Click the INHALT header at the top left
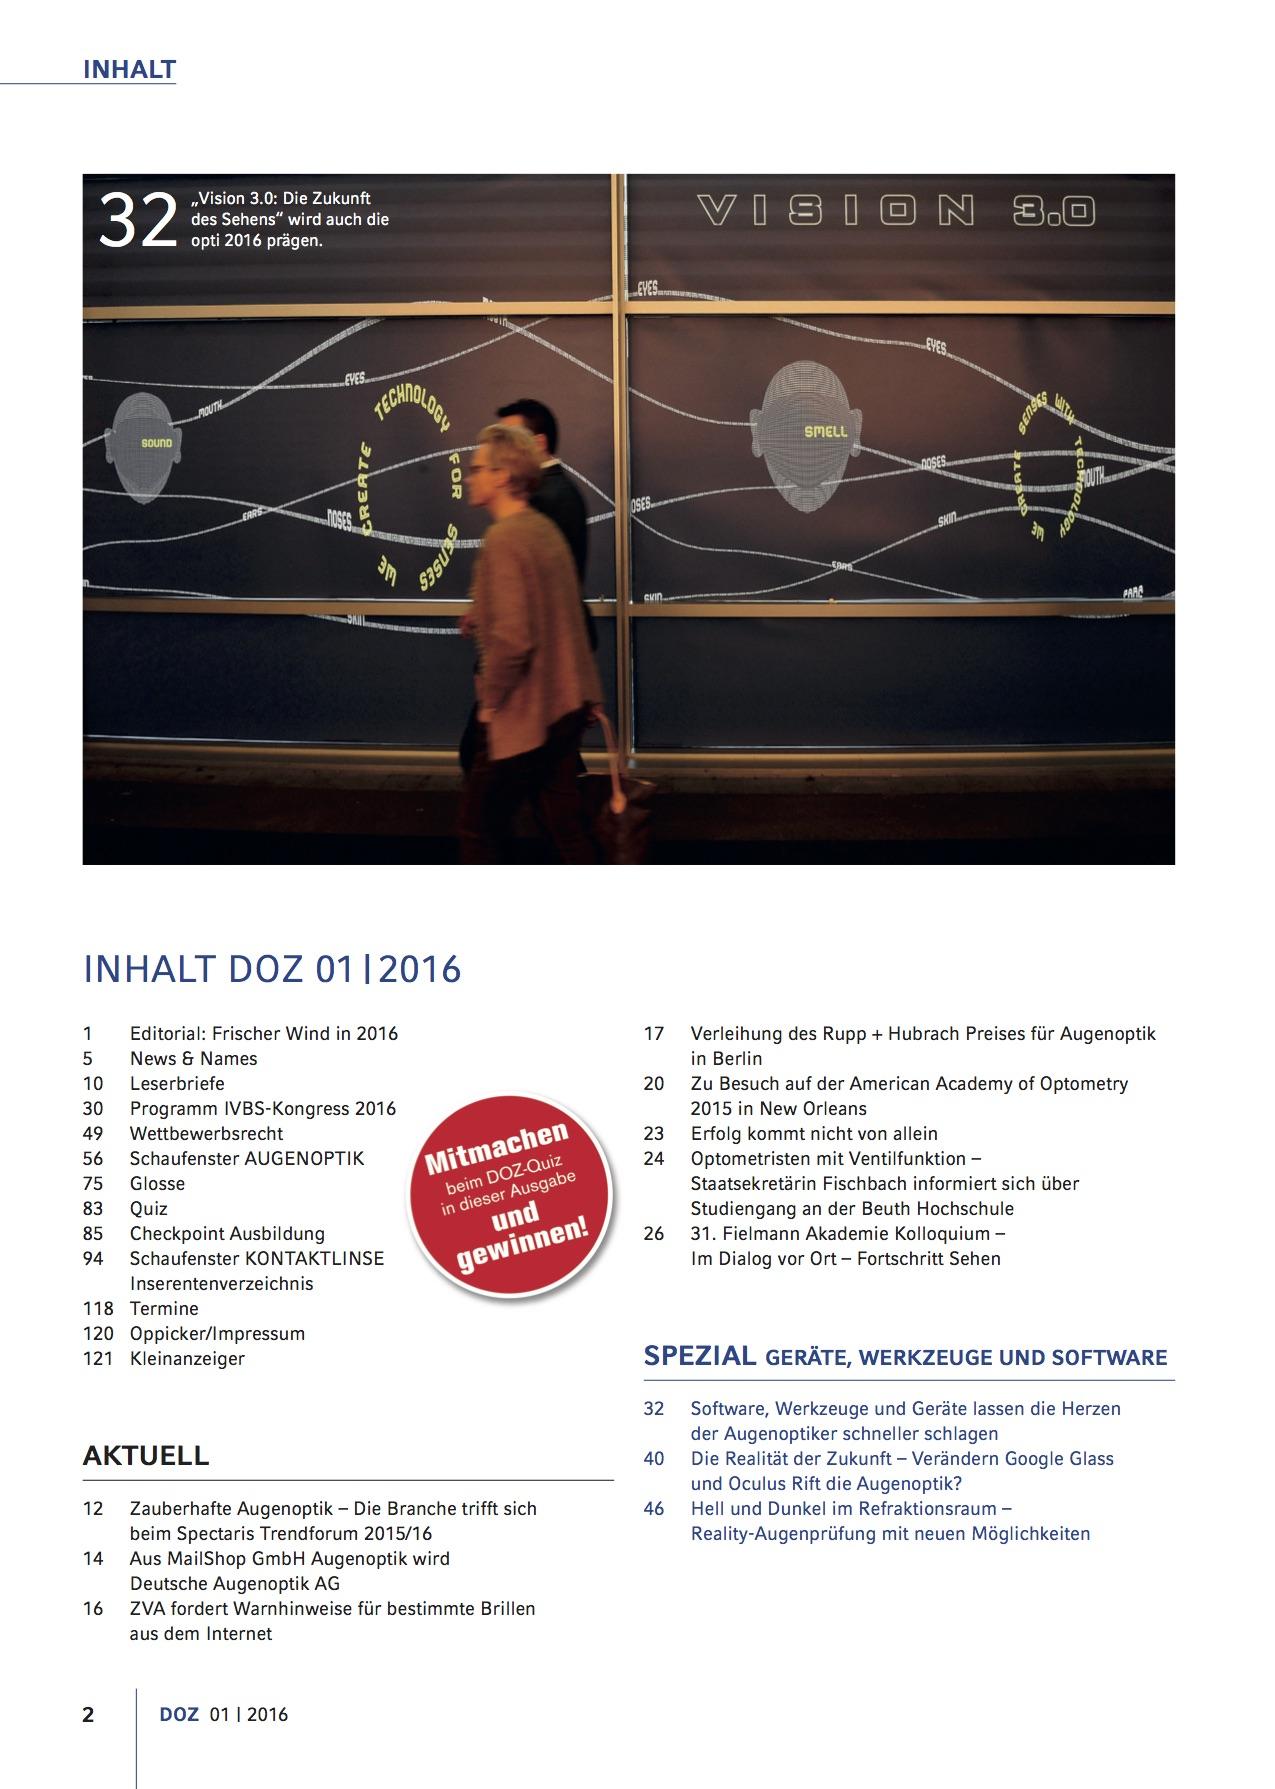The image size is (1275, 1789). click(x=129, y=70)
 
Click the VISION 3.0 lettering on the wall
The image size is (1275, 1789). click(x=896, y=211)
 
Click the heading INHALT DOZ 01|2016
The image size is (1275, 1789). click(x=272, y=969)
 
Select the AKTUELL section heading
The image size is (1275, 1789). click(x=146, y=1455)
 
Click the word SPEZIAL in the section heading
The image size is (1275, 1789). click(x=700, y=1356)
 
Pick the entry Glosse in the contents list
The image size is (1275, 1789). click(x=157, y=1183)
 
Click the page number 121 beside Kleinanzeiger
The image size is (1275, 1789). click(x=98, y=1358)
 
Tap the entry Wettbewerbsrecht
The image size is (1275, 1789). click(x=206, y=1133)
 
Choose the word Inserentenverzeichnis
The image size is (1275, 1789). click(x=221, y=1283)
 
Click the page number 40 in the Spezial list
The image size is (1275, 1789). click(x=654, y=1458)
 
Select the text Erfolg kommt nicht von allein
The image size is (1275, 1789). click(x=814, y=1133)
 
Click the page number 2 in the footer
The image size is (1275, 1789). click(x=88, y=1714)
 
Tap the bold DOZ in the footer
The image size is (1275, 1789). click(x=179, y=1714)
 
